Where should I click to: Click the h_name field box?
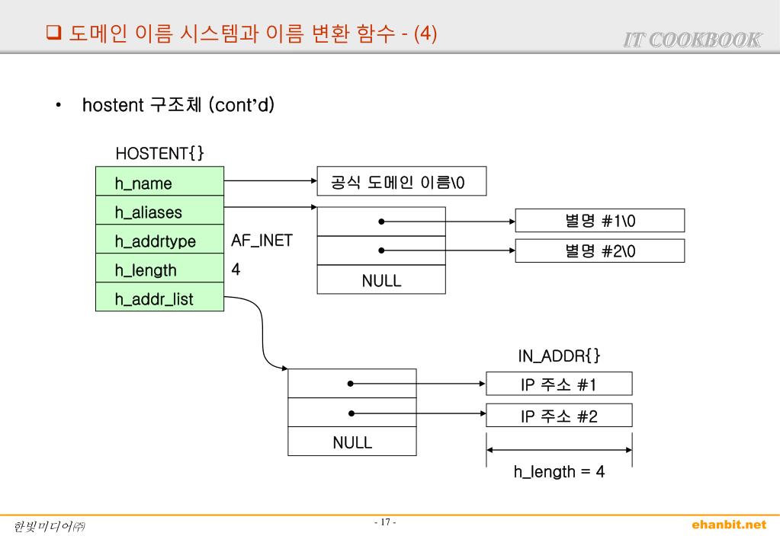pos(159,183)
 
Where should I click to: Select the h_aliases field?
pos(159,212)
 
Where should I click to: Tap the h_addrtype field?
pos(159,241)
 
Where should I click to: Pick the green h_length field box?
pos(159,270)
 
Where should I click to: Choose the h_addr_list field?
pos(159,299)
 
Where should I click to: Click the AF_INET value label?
pos(262,241)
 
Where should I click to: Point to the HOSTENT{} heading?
pos(159,154)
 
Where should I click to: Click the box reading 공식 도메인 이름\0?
pos(401,183)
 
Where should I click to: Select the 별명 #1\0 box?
pos(600,221)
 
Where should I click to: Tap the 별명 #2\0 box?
pos(600,250)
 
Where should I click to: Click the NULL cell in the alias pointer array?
pos(381,280)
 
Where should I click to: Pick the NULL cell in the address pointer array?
pos(352,442)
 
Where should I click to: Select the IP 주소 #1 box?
pos(559,384)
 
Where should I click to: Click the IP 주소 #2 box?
pos(559,416)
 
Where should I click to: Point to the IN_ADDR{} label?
pos(559,356)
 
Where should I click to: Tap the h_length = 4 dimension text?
pos(559,472)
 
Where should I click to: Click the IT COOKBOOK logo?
pos(692,40)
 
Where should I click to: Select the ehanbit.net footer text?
pos(729,525)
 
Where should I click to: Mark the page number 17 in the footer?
pos(385,522)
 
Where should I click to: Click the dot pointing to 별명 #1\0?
pos(380,222)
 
